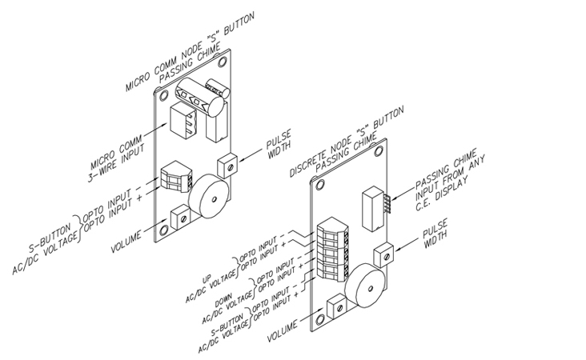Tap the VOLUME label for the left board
coord(126,242)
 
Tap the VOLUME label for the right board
coord(283,330)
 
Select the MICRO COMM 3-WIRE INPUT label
coord(116,158)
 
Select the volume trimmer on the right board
coord(336,307)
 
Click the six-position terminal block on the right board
coord(334,248)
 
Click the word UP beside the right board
coord(207,278)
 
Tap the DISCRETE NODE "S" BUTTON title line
coord(347,141)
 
